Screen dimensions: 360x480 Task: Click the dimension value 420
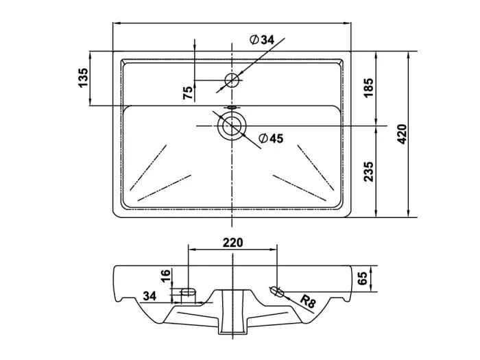click(403, 134)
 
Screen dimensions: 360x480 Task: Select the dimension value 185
click(368, 88)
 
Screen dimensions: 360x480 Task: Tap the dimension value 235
click(368, 171)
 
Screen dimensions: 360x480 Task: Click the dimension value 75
click(188, 93)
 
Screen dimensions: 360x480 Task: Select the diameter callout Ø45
click(271, 139)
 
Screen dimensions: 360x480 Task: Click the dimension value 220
click(233, 242)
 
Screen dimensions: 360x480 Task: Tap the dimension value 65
click(362, 278)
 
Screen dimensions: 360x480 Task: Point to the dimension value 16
click(165, 277)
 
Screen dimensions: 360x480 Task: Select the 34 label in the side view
click(151, 296)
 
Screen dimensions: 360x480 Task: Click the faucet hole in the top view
click(232, 80)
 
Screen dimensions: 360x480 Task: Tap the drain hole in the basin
click(232, 125)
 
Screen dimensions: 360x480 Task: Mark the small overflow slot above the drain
click(232, 108)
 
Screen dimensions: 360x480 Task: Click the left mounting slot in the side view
click(188, 293)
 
